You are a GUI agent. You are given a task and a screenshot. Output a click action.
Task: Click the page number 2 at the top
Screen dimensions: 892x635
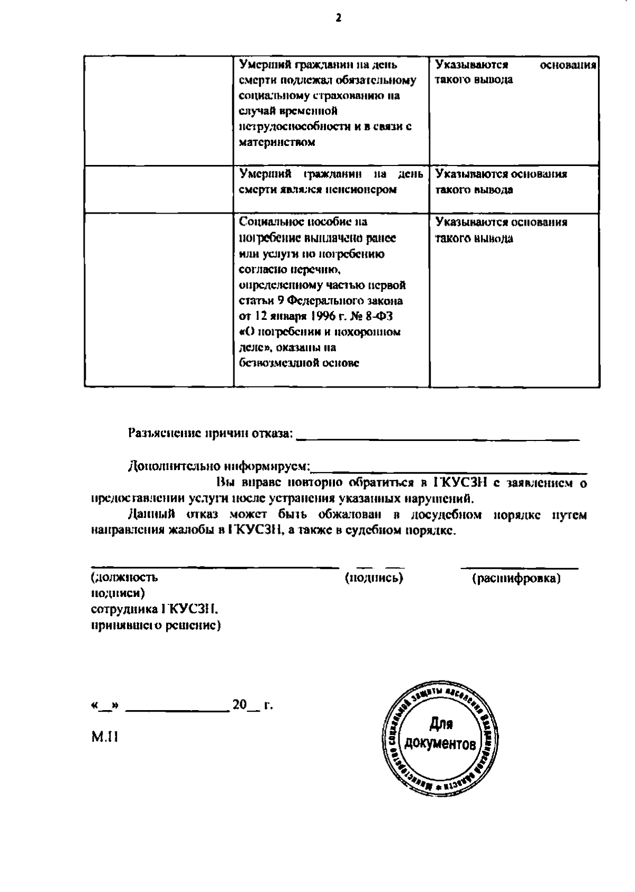(339, 18)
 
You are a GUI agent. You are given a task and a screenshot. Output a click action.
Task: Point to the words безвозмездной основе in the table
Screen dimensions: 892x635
(299, 364)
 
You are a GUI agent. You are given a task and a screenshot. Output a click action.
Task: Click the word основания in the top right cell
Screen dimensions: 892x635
(568, 65)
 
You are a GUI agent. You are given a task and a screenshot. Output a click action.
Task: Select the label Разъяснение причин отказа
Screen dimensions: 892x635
(210, 434)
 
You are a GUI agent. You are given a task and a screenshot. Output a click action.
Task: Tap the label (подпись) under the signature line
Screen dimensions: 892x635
(374, 578)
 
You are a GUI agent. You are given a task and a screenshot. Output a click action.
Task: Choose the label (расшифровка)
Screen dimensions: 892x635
(515, 578)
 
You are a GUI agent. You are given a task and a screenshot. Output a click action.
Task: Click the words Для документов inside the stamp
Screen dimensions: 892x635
(440, 735)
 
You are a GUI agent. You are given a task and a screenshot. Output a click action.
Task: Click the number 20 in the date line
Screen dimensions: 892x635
(240, 705)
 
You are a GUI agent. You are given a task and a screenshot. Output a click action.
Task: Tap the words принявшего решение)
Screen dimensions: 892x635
(156, 626)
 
